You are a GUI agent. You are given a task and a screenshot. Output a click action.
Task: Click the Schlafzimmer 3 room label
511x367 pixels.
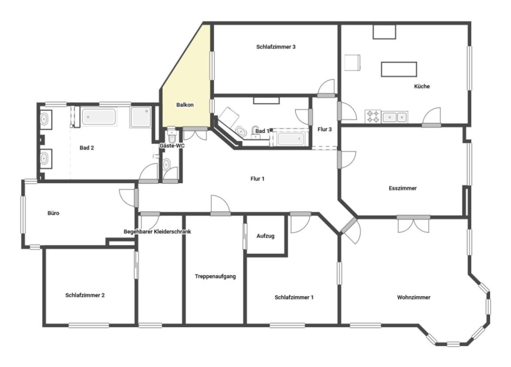tap(276, 47)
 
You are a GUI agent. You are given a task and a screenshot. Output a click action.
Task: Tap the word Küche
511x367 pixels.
tap(422, 86)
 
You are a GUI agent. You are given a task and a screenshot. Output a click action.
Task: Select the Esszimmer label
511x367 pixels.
tap(402, 188)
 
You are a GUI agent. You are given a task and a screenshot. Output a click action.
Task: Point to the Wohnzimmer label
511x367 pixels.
tap(414, 297)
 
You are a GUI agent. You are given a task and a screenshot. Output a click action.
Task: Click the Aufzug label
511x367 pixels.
tap(265, 236)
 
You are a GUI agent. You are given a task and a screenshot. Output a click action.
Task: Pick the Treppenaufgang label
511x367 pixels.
tap(215, 276)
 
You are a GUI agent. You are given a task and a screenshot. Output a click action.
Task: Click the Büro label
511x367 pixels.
tap(53, 213)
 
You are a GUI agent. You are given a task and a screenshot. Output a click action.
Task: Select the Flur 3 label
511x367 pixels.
tap(324, 130)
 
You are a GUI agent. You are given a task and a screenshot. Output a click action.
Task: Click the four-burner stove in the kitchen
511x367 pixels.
tap(373, 117)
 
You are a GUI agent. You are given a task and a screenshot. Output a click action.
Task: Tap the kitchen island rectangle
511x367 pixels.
tap(399, 69)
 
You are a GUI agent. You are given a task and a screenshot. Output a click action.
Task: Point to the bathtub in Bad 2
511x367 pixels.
tap(99, 117)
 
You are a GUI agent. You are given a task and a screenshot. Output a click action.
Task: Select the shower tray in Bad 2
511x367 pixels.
tap(141, 117)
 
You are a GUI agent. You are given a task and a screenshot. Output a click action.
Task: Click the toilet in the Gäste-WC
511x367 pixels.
tap(172, 136)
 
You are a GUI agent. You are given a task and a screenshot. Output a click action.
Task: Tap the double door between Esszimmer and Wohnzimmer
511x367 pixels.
tap(413, 225)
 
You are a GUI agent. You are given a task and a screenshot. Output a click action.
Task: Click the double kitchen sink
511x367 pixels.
tap(395, 117)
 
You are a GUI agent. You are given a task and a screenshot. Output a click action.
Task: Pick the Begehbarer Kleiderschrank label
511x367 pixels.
tap(157, 232)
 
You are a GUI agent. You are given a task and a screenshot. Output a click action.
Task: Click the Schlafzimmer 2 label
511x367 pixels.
tap(85, 295)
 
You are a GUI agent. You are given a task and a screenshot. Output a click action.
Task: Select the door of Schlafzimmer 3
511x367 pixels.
tap(326, 88)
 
